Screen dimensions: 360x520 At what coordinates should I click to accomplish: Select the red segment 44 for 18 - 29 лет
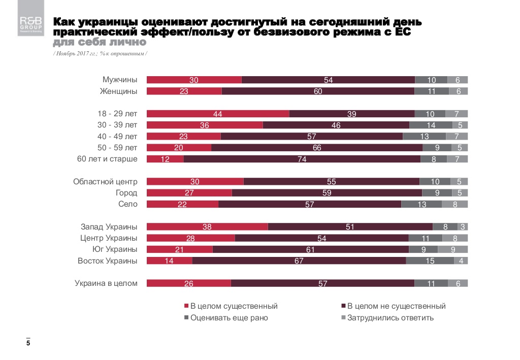[218, 114]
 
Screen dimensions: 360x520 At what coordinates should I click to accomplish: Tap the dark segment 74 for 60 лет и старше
[302, 159]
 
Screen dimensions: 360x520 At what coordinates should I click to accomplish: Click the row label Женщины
[120, 91]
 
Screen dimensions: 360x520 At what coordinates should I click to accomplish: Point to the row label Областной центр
[105, 182]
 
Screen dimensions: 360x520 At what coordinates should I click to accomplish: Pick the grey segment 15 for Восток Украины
[430, 261]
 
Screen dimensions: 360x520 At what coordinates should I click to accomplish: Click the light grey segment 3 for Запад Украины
[463, 227]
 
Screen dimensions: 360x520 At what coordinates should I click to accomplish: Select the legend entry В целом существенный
[231, 306]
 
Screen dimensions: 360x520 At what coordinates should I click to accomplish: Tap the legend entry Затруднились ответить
[387, 318]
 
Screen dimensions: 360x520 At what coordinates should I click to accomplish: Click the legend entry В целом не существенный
[393, 306]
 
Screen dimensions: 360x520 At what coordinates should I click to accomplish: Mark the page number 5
[28, 344]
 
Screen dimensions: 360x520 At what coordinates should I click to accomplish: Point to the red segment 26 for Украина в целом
[188, 283]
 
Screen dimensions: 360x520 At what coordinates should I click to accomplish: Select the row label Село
[127, 204]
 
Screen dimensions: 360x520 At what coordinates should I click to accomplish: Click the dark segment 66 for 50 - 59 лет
[317, 148]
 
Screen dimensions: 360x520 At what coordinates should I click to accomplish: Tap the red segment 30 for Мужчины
[194, 80]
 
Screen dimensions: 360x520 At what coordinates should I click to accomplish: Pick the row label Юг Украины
[115, 249]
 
